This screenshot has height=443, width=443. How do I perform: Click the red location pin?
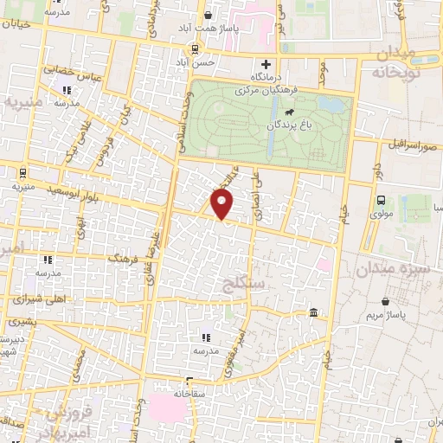(222, 204)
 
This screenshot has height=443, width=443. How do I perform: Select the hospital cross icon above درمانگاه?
(266, 64)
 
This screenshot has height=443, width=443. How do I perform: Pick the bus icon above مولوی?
(382, 200)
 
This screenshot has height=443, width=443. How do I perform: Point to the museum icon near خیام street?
(312, 312)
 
